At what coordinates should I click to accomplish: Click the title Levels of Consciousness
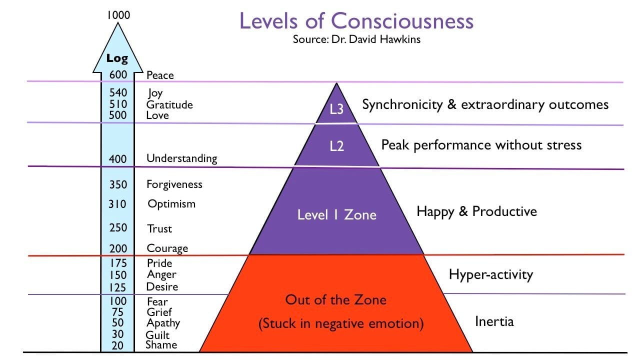(x=356, y=21)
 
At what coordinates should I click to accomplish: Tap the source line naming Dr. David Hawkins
(x=356, y=39)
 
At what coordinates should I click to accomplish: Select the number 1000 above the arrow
(x=118, y=15)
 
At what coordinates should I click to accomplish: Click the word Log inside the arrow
(x=117, y=58)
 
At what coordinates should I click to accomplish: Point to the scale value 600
(x=118, y=75)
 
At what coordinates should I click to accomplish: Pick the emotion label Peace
(x=160, y=75)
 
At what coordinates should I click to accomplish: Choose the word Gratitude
(x=169, y=104)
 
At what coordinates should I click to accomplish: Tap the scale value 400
(x=118, y=159)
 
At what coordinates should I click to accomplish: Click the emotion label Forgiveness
(x=174, y=184)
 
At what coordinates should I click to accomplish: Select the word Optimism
(x=171, y=204)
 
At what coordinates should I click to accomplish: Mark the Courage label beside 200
(x=167, y=248)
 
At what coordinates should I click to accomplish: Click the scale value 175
(x=118, y=263)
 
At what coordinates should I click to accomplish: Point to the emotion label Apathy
(x=163, y=323)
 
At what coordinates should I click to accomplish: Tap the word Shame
(x=161, y=345)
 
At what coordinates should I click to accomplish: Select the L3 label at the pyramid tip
(x=337, y=109)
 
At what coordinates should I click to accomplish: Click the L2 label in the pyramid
(x=337, y=146)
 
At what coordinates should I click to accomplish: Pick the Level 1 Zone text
(x=337, y=215)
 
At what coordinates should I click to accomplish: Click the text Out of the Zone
(x=336, y=300)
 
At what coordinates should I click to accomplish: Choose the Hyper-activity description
(x=491, y=274)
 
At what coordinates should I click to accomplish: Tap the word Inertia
(x=494, y=321)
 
